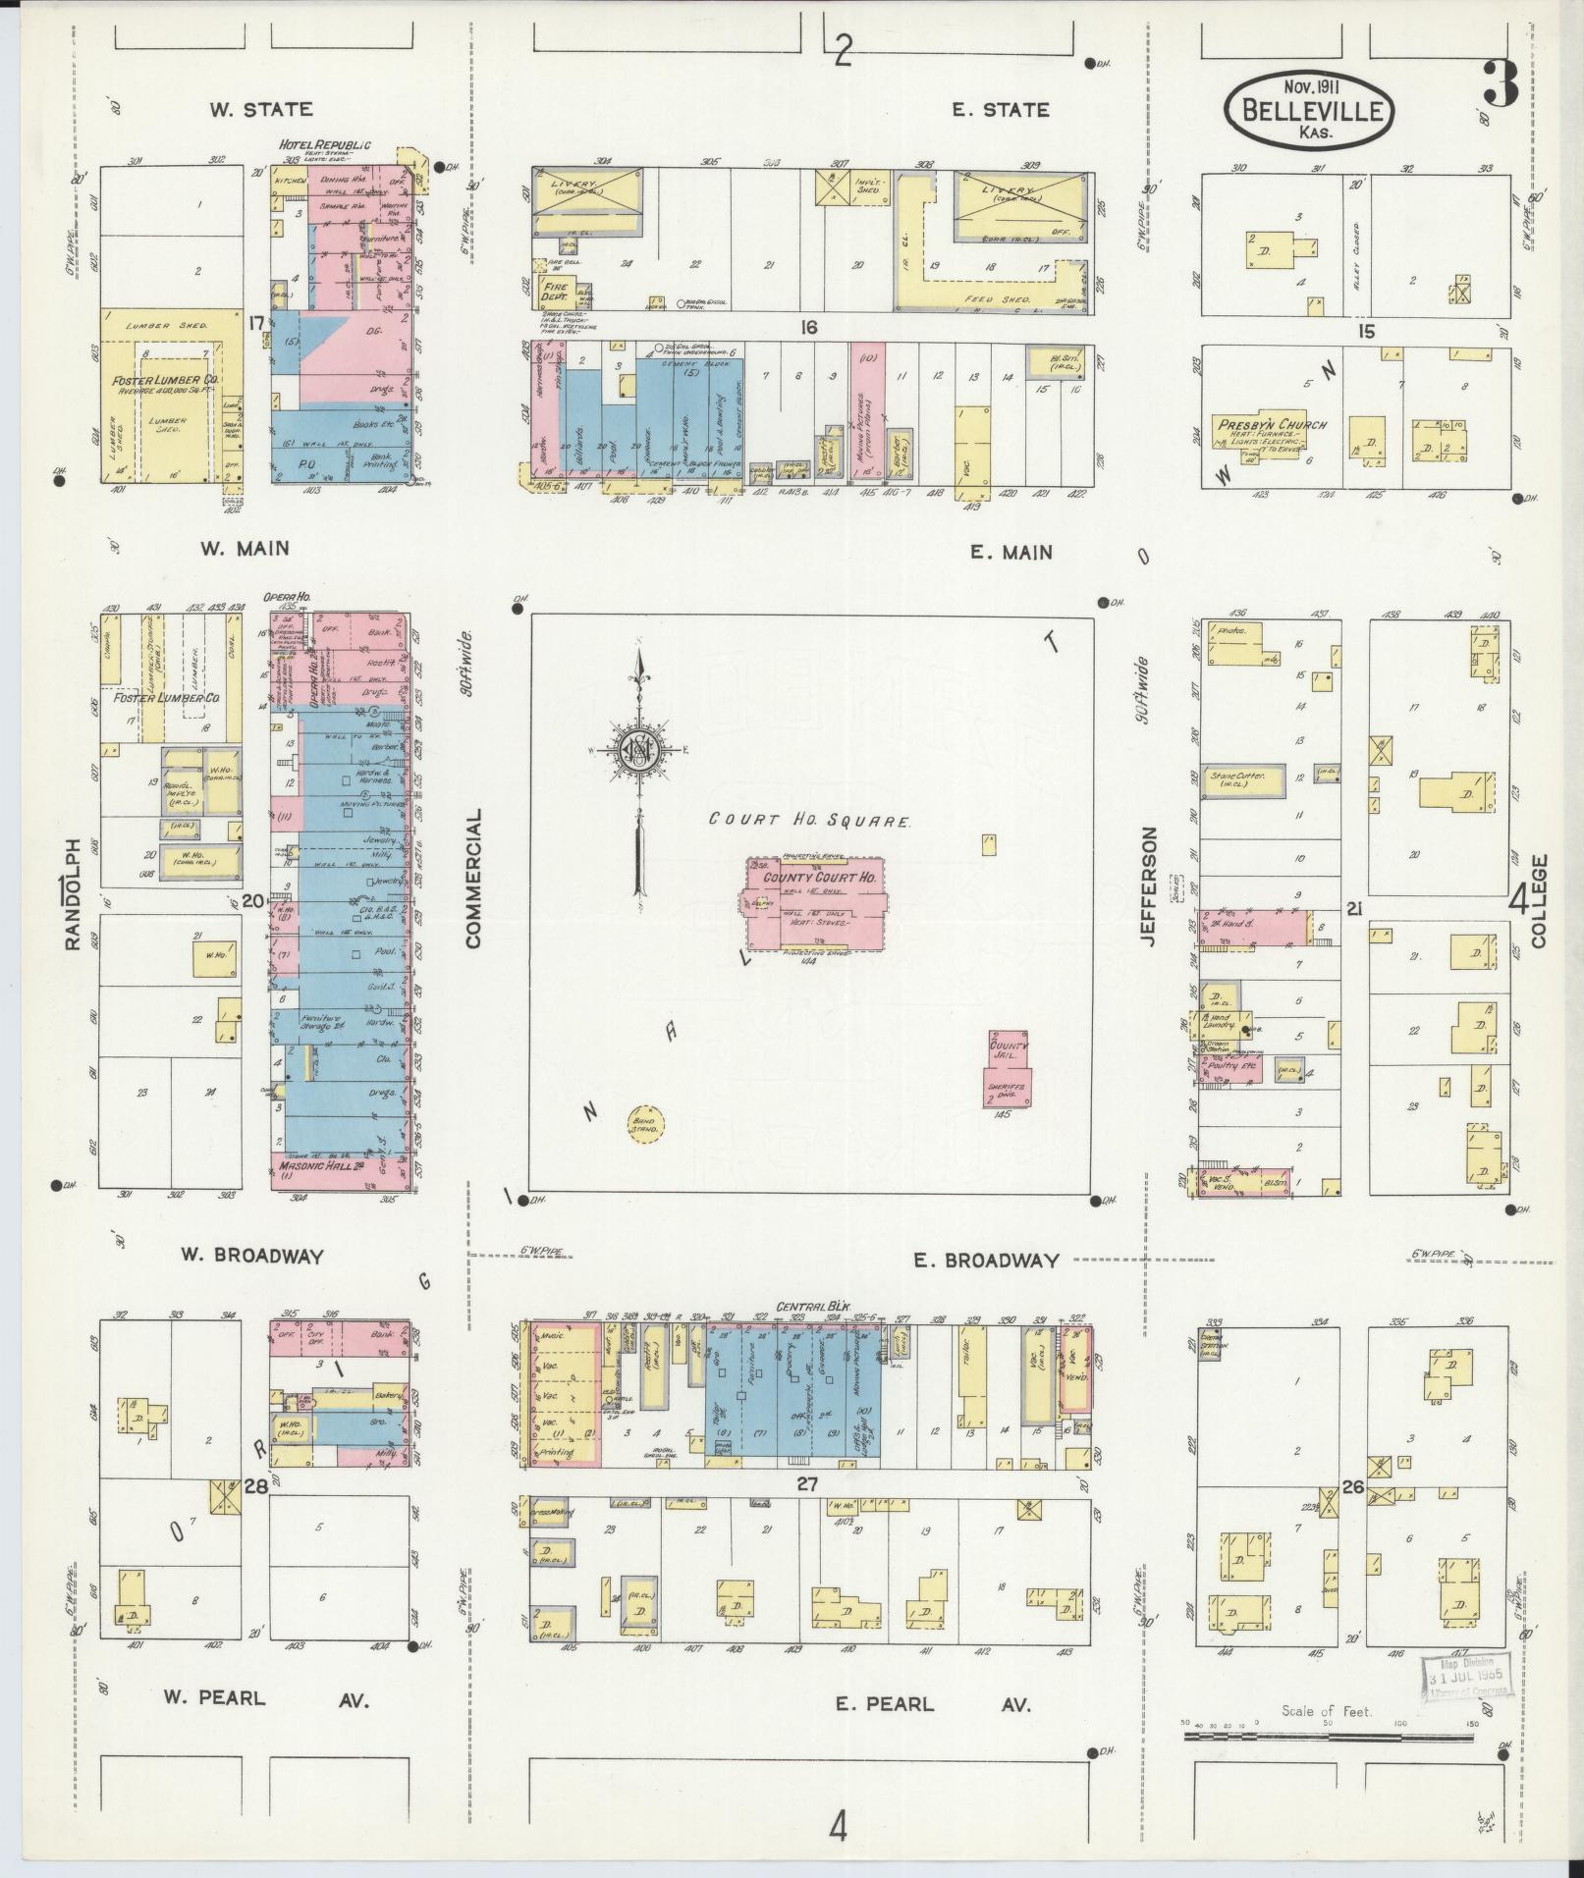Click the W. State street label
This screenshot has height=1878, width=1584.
click(260, 110)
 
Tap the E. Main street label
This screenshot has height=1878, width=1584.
click(1010, 553)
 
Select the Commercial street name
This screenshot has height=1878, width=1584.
click(474, 878)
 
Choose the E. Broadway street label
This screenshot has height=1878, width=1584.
click(987, 1260)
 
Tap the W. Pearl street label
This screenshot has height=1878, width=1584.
click(214, 1696)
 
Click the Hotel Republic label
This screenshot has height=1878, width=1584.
click(325, 144)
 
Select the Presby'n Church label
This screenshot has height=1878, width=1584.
click(1272, 425)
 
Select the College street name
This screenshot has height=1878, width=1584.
click(1537, 901)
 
